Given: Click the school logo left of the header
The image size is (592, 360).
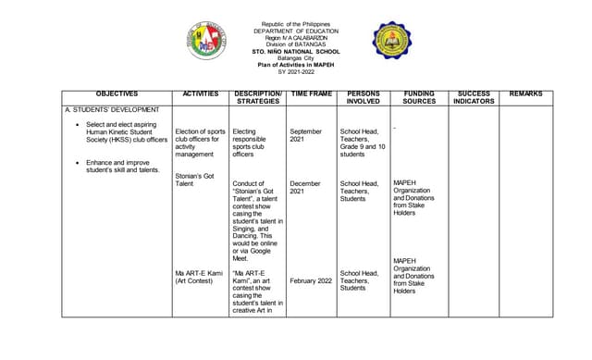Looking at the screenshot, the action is point(207,42).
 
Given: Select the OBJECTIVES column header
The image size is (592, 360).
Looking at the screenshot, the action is point(117,94).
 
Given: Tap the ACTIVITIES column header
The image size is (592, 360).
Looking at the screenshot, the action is point(201,94).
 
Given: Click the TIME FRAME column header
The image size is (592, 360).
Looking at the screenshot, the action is point(312,94).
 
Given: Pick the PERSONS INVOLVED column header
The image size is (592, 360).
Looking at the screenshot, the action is point(363,98).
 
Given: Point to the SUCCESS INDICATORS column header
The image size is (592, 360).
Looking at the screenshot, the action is point(475,98).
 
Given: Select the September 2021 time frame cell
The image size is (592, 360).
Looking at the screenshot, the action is point(305,136).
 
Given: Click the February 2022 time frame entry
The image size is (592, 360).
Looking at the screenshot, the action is point(310,280).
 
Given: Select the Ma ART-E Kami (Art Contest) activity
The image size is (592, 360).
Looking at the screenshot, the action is point(199,277).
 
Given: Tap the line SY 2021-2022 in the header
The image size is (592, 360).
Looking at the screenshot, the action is point(296,71).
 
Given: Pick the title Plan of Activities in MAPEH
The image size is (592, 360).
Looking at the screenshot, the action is point(296,65).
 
